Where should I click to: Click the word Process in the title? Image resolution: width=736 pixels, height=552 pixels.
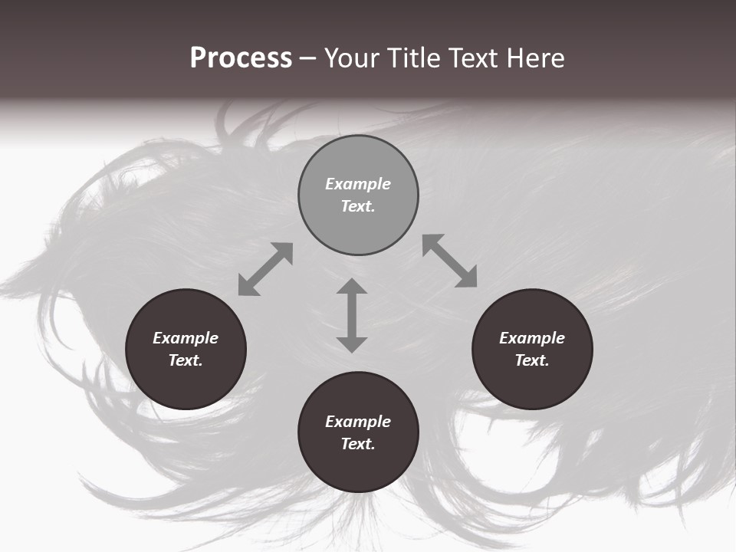[241, 58]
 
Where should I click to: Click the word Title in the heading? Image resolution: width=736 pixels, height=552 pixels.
[414, 58]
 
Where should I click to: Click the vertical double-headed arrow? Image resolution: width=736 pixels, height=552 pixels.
[352, 315]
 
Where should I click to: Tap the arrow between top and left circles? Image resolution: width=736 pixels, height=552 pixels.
[265, 269]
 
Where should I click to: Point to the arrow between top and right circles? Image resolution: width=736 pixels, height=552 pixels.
[450, 261]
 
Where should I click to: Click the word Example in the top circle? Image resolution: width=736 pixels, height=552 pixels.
[358, 184]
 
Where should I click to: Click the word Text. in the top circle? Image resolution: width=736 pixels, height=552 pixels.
[358, 206]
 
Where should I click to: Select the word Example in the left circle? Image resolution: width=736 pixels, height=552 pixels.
[186, 338]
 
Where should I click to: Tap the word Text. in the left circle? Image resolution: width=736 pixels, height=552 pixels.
[186, 360]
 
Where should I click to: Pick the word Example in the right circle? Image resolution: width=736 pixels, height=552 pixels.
[532, 338]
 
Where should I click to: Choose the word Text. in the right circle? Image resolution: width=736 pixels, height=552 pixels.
[532, 360]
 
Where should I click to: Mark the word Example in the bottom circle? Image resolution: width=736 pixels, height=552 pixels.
[358, 422]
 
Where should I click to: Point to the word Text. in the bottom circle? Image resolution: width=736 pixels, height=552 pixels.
[358, 444]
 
